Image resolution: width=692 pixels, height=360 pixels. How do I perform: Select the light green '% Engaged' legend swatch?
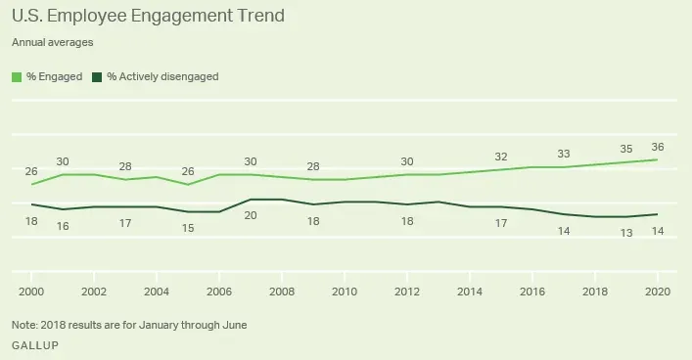18,75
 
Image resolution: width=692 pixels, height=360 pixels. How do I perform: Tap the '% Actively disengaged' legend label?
161,75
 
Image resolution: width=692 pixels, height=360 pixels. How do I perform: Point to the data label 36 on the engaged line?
657,146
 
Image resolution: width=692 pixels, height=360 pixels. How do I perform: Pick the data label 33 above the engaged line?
564,154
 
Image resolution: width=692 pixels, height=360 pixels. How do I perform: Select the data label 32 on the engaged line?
501,156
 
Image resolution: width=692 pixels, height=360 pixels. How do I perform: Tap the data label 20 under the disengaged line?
251,214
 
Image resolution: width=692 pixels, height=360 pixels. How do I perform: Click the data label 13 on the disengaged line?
627,231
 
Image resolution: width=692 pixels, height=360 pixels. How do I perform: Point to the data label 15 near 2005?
188,227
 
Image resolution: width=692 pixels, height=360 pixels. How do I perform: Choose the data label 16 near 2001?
63,226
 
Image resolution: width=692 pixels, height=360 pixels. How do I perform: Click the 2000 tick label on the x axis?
31,291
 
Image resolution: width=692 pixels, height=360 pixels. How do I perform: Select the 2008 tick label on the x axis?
281,291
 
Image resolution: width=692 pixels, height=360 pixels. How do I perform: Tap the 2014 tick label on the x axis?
469,291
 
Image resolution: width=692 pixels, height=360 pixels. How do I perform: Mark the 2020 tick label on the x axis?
656,291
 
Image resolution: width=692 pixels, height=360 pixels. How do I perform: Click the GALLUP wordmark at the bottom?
32,346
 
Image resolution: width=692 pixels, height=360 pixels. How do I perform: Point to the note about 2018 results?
129,324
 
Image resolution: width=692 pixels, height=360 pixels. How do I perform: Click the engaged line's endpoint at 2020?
656,159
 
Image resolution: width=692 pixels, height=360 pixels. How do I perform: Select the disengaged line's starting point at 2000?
31,204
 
